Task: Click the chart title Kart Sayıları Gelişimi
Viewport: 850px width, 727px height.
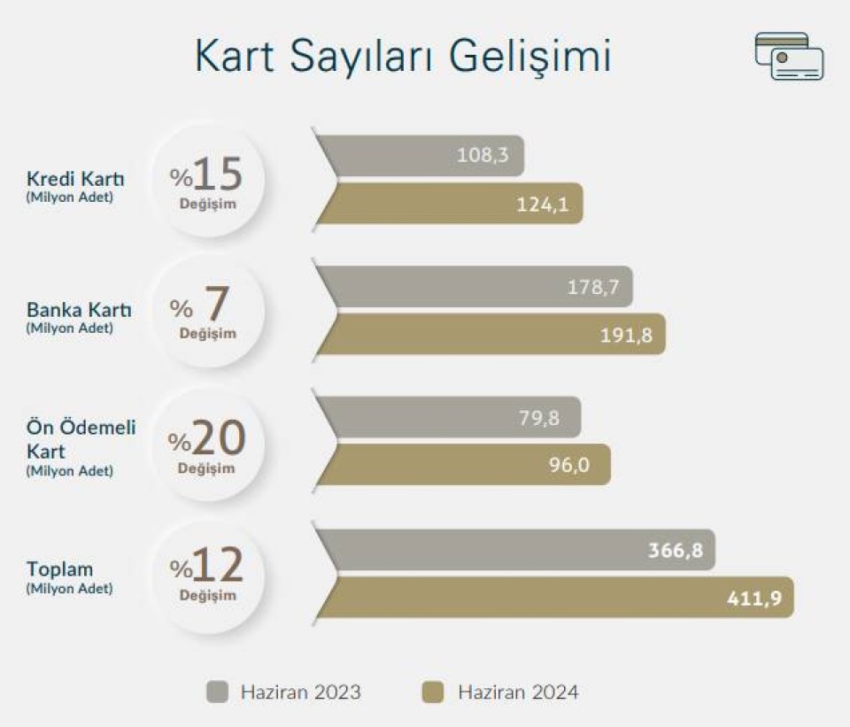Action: pyautogui.click(x=403, y=57)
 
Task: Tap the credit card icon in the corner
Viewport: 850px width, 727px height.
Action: pyautogui.click(x=789, y=57)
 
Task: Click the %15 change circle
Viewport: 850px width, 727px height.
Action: pyautogui.click(x=207, y=181)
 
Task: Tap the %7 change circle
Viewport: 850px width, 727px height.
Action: pyautogui.click(x=207, y=312)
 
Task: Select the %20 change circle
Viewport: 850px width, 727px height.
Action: pyautogui.click(x=207, y=444)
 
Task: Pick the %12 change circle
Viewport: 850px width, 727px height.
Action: pyautogui.click(x=207, y=576)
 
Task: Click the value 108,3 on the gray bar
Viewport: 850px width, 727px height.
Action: pyautogui.click(x=483, y=156)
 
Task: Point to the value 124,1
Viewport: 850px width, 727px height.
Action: pyautogui.click(x=542, y=205)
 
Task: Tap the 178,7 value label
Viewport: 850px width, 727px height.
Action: pyautogui.click(x=593, y=287)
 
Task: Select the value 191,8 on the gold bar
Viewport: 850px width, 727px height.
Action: pyautogui.click(x=626, y=336)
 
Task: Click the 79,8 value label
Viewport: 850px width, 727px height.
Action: pyautogui.click(x=539, y=418)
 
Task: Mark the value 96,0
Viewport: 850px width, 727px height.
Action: pyautogui.click(x=569, y=465)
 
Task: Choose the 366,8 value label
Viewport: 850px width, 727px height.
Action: pyautogui.click(x=676, y=550)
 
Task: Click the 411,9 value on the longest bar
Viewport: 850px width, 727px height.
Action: pyautogui.click(x=754, y=598)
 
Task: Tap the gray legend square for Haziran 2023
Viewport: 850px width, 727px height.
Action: pyautogui.click(x=218, y=692)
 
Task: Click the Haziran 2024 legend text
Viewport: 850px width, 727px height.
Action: pyautogui.click(x=518, y=692)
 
